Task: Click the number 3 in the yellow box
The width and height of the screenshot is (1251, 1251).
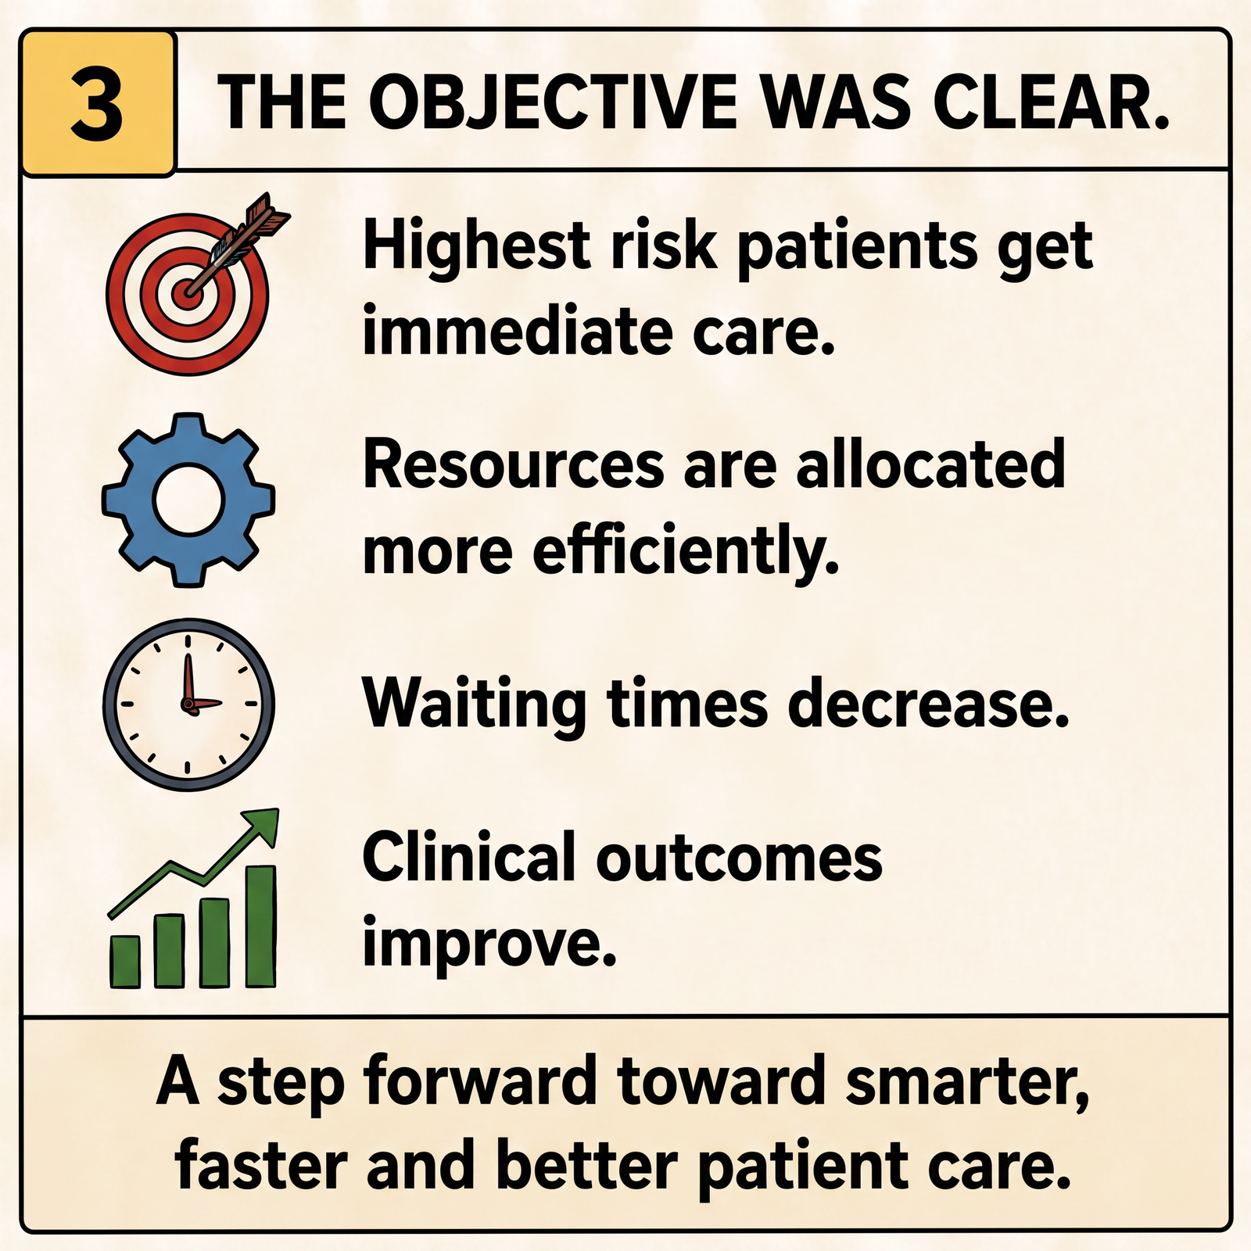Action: [97, 102]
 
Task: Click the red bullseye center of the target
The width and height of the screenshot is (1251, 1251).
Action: [187, 294]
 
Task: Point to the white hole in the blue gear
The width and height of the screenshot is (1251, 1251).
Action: [188, 500]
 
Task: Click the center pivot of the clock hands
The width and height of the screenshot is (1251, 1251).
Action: [188, 704]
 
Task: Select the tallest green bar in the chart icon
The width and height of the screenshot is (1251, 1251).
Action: [261, 926]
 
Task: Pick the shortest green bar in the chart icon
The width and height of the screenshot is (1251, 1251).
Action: [124, 961]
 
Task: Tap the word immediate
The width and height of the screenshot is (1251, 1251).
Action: [518, 332]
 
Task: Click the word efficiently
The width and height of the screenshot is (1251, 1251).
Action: [686, 550]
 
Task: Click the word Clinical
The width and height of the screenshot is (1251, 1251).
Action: [469, 857]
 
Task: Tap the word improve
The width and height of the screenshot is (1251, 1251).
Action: [489, 944]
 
